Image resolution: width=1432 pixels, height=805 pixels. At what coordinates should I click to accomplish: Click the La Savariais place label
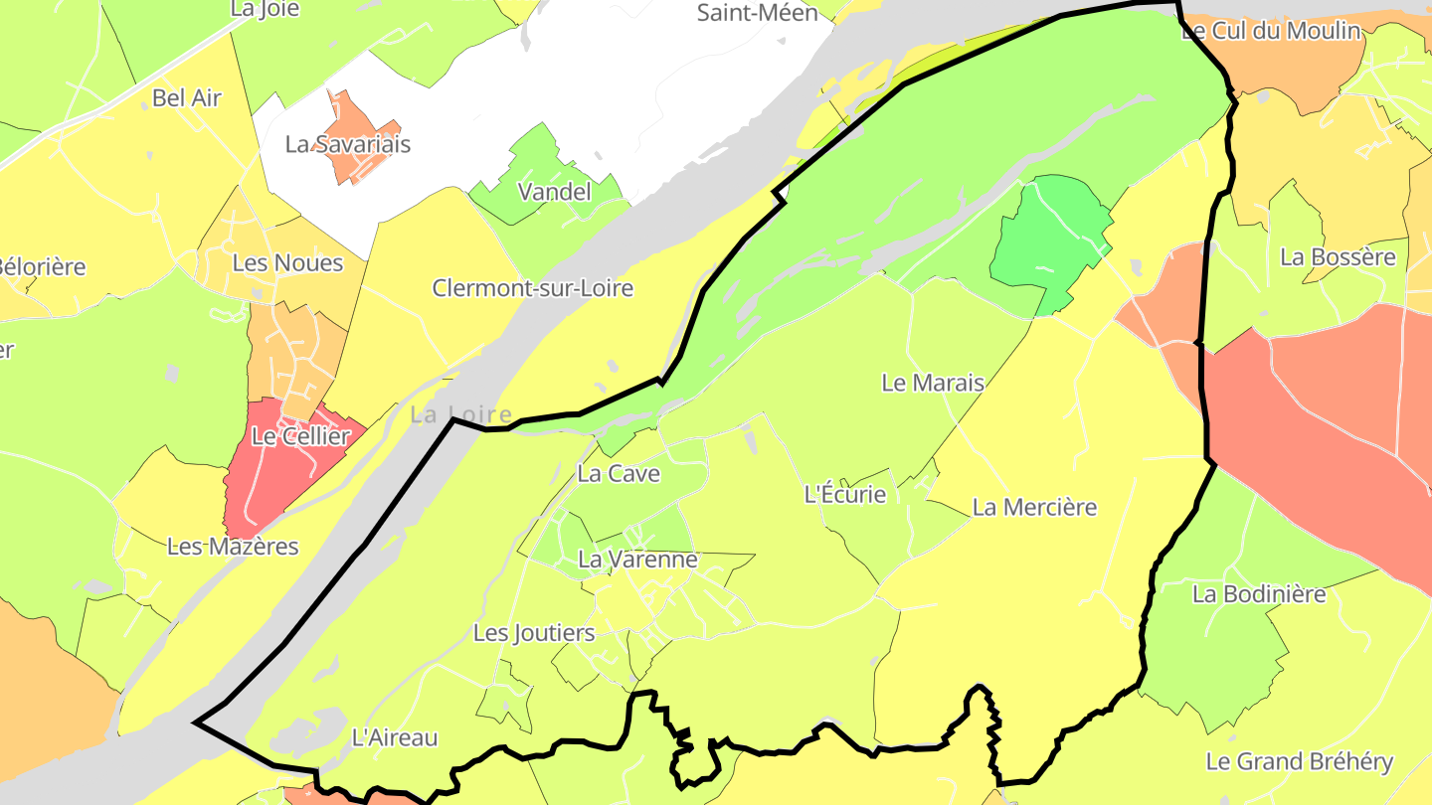tap(347, 144)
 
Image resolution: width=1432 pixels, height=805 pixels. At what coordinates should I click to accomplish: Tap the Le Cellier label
tap(300, 436)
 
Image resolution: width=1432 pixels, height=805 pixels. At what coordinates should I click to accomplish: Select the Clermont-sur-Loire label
tap(532, 288)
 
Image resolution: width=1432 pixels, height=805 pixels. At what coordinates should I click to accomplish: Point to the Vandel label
tap(555, 192)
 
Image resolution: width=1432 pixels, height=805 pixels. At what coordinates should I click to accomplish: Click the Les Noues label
tap(287, 263)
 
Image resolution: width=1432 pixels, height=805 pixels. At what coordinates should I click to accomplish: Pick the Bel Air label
tap(187, 98)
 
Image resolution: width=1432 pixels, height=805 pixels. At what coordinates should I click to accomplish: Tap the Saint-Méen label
tap(757, 13)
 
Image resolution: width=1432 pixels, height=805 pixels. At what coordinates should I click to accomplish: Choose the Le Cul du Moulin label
tap(1270, 31)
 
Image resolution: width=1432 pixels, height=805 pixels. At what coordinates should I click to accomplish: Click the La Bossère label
tap(1338, 257)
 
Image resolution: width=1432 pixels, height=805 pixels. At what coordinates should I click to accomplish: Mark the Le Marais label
tap(933, 383)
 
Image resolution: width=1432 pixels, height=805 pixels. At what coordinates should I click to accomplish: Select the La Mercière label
tap(1034, 508)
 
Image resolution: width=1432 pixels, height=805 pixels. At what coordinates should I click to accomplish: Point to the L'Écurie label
tap(844, 494)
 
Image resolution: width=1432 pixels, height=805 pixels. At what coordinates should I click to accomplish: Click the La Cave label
tap(619, 474)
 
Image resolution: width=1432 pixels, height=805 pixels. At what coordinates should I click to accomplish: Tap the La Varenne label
tap(637, 560)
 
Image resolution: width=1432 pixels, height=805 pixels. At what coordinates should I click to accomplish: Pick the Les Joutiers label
tap(534, 633)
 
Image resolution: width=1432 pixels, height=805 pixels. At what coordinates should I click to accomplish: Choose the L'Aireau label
tap(395, 738)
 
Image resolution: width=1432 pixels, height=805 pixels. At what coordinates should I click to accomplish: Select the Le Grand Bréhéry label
tap(1299, 762)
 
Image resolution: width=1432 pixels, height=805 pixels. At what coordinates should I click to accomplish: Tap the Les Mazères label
tap(233, 547)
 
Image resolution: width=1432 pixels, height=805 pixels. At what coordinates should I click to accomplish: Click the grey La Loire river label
tap(461, 415)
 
